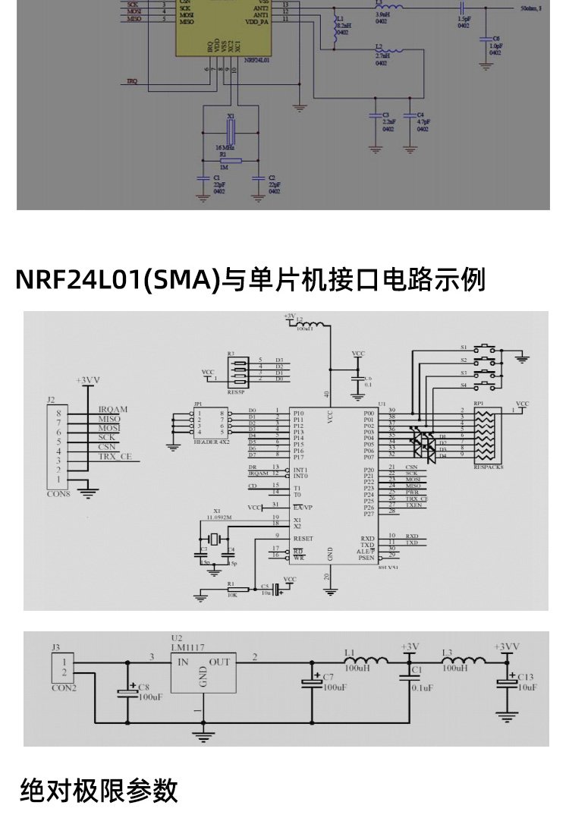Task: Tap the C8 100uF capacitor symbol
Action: pyautogui.click(x=126, y=692)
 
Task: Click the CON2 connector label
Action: pyautogui.click(x=64, y=688)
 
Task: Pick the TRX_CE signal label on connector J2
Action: pyautogui.click(x=115, y=457)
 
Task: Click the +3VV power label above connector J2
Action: pyautogui.click(x=88, y=379)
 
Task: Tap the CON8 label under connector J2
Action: pyautogui.click(x=58, y=492)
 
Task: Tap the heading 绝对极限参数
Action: pyautogui.click(x=99, y=791)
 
